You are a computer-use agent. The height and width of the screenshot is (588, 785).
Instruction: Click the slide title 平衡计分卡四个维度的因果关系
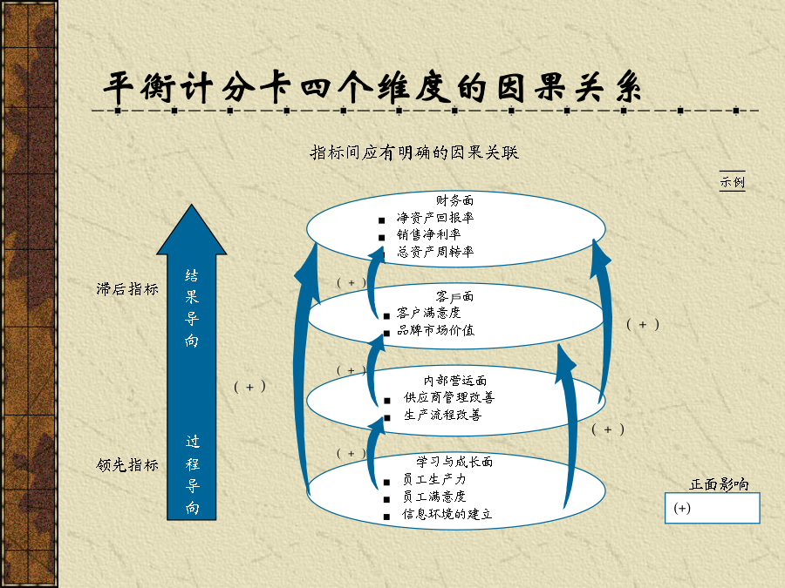coord(372,87)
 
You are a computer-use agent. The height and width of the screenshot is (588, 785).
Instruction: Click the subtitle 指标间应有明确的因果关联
coord(414,152)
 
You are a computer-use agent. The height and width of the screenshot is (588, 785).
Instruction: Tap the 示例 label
coord(732,181)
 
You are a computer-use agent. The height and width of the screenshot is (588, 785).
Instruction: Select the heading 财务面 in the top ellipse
coord(454,200)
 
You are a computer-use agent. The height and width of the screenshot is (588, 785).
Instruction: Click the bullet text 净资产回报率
coord(435,218)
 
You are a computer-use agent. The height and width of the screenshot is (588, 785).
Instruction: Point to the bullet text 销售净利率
coord(428,234)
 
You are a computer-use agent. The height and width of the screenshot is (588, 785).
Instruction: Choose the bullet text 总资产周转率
coord(435,252)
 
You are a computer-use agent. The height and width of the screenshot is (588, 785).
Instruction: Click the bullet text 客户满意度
coord(428,313)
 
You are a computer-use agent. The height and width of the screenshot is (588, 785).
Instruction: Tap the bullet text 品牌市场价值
coord(435,330)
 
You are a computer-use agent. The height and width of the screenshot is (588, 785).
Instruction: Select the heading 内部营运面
coord(455,381)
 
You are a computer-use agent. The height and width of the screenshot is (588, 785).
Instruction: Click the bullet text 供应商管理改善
coord(449,397)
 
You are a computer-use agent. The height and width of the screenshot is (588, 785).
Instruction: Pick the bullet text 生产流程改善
coord(442,415)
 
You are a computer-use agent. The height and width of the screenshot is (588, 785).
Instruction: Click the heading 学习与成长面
coord(454,462)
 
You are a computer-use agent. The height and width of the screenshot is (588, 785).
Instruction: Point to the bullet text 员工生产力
coord(434,479)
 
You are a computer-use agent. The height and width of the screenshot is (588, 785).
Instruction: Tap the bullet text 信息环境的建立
coord(447,514)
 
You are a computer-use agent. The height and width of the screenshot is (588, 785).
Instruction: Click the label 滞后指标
coord(127,289)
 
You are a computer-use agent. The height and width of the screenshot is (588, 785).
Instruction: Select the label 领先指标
coord(127,465)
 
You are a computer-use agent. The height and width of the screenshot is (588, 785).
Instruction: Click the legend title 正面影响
coord(719,484)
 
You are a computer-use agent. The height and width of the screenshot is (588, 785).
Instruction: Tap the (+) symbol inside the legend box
coord(682,508)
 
